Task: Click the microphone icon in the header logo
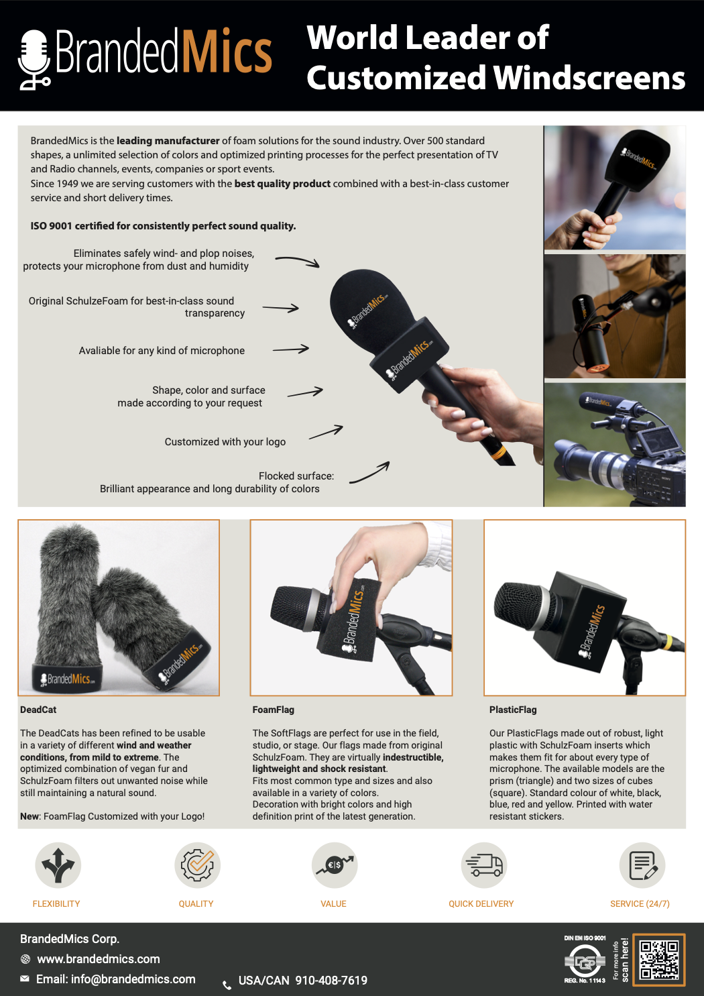(34, 60)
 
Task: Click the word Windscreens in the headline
(589, 78)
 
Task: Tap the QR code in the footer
(658, 960)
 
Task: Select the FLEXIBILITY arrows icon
(58, 865)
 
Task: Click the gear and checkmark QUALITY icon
(197, 865)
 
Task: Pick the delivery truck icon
(484, 865)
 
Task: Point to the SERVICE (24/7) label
(640, 903)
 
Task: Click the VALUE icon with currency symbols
(334, 865)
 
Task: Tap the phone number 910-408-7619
(331, 980)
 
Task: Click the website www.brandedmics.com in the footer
(98, 959)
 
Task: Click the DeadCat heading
(38, 710)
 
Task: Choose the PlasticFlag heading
(513, 710)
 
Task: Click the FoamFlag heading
(274, 710)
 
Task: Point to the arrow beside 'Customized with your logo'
(326, 432)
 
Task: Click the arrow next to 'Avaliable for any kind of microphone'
(291, 349)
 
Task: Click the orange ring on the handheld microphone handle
(498, 453)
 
